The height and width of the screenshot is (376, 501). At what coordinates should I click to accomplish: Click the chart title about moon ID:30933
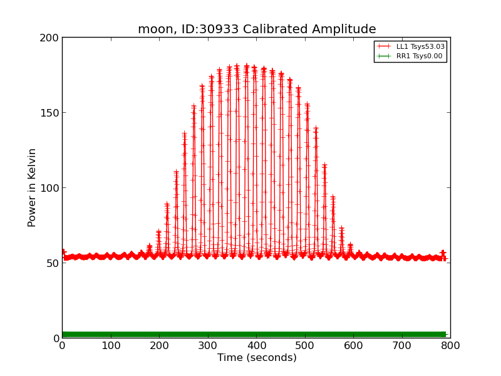(x=257, y=29)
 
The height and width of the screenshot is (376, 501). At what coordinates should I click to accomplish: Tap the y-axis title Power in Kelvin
(x=32, y=187)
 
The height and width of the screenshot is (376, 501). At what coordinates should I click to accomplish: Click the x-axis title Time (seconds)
(x=257, y=358)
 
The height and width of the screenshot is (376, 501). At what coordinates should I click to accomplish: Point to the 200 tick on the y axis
(x=51, y=38)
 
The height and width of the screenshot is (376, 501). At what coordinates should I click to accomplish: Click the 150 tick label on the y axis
(x=51, y=113)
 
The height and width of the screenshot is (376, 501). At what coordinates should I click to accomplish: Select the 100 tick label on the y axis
(x=51, y=188)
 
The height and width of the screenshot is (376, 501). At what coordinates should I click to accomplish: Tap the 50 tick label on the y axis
(x=54, y=263)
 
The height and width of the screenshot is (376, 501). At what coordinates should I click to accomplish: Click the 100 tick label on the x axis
(x=110, y=345)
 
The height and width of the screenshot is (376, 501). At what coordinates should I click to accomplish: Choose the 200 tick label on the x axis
(x=159, y=345)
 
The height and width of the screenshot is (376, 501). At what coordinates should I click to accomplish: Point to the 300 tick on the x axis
(x=207, y=345)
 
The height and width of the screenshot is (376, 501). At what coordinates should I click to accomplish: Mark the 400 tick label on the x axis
(x=256, y=345)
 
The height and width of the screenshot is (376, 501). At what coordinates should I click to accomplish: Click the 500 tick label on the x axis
(x=304, y=345)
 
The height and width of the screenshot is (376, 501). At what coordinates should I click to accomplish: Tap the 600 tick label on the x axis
(x=353, y=345)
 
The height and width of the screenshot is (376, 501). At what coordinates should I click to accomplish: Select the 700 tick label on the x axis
(x=401, y=345)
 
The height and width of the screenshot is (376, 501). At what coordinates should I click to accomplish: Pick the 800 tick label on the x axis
(x=450, y=345)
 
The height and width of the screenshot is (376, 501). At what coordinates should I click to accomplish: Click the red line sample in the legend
(x=384, y=46)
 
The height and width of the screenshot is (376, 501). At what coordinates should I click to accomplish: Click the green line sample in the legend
(x=384, y=56)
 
